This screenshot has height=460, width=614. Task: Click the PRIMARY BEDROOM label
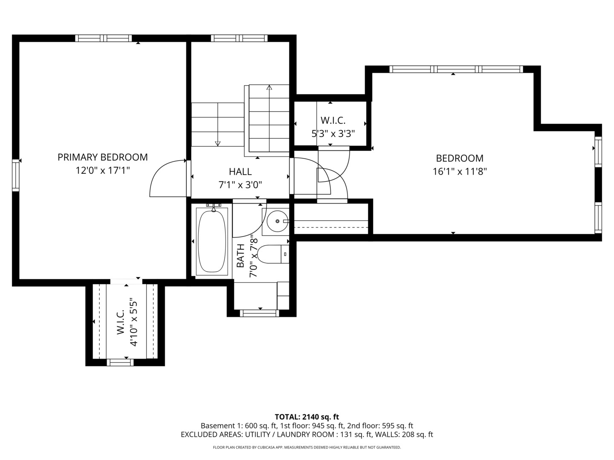click(x=102, y=157)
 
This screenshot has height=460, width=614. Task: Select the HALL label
click(x=240, y=172)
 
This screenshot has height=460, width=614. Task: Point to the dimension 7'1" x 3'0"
click(x=240, y=185)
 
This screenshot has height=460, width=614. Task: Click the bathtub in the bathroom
click(x=212, y=241)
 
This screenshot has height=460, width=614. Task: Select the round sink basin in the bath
click(x=276, y=221)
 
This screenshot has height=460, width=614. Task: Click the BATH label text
click(x=240, y=256)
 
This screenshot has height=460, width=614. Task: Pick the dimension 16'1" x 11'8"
click(x=460, y=172)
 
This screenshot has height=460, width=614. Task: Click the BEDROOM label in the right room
click(x=460, y=158)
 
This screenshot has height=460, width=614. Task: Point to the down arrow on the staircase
click(x=217, y=143)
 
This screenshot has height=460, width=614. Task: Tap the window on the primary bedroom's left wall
click(x=16, y=175)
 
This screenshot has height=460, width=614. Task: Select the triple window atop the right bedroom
click(x=456, y=69)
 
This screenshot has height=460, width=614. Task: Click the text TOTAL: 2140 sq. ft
click(x=307, y=417)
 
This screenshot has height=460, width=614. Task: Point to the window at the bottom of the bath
click(x=259, y=313)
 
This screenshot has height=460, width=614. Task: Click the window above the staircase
click(x=239, y=38)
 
